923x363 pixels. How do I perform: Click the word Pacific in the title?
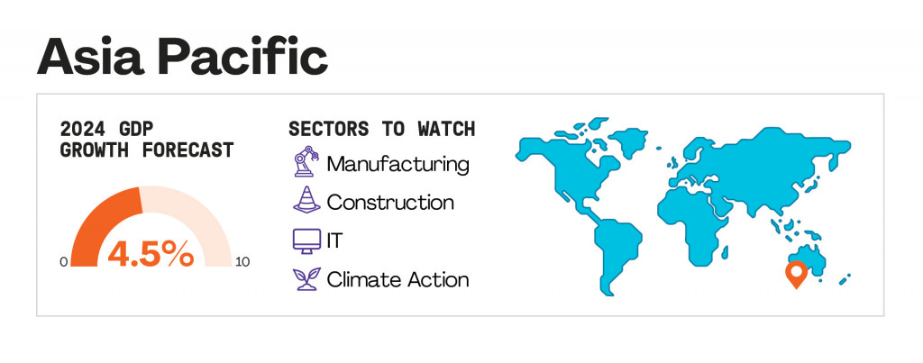(242, 57)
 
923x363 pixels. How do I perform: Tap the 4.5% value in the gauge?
(151, 253)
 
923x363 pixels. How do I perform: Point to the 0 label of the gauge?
(64, 262)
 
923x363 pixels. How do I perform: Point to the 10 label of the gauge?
(242, 262)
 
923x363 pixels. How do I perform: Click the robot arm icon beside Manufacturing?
(306, 161)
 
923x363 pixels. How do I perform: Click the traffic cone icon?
(306, 199)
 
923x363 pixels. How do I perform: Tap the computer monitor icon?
(306, 241)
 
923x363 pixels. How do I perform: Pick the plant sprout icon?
(306, 279)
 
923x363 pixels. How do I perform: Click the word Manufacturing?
(398, 164)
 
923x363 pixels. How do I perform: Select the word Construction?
(390, 203)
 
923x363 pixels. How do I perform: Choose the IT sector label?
(334, 241)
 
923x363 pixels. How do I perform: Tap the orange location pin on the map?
(796, 274)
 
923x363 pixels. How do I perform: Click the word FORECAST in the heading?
(187, 150)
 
